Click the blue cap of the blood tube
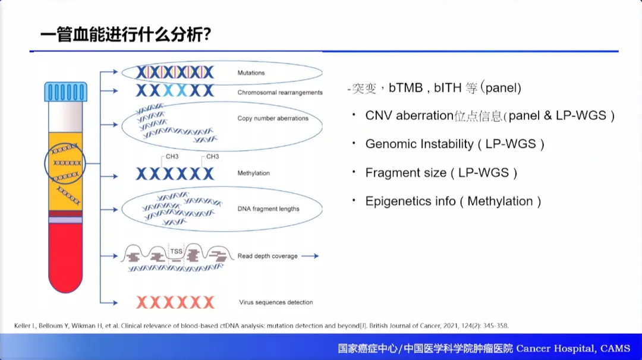click(x=65, y=92)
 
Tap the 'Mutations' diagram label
click(x=251, y=73)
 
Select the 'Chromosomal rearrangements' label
click(x=280, y=93)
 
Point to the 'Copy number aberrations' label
click(x=273, y=118)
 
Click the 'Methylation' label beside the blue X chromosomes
click(x=253, y=173)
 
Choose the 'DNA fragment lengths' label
click(x=268, y=209)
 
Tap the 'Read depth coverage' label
click(x=267, y=256)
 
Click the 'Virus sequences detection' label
click(x=276, y=302)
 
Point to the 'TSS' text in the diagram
click(x=177, y=251)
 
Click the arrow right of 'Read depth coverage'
click(x=310, y=256)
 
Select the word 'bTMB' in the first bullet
click(x=405, y=89)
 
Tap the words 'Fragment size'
click(x=405, y=173)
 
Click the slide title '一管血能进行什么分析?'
click(x=125, y=34)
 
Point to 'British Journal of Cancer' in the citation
click(x=401, y=326)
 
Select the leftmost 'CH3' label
click(x=172, y=157)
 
